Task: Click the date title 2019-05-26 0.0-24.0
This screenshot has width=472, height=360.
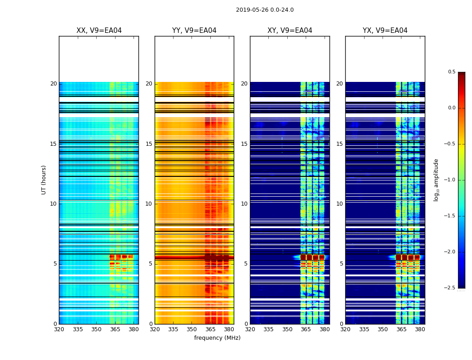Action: [265, 10]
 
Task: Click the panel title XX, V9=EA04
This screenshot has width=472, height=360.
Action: [99, 31]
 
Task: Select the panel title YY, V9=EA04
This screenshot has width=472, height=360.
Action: [194, 31]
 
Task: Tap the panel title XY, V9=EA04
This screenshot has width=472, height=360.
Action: [290, 31]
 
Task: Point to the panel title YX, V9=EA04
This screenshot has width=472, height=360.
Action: [385, 31]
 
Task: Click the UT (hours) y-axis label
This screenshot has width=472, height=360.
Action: [44, 180]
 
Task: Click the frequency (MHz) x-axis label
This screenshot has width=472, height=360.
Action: [217, 338]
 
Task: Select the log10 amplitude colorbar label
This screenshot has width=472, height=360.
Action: [436, 180]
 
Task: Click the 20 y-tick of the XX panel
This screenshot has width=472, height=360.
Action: [53, 84]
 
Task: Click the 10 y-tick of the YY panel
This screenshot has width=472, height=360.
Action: [149, 204]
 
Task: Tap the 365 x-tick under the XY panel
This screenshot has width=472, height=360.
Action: [306, 329]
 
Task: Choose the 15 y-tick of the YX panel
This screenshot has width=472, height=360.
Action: [339, 144]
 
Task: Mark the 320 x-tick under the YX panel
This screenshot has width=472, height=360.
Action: [345, 329]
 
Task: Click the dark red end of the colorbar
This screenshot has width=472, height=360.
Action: [462, 74]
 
